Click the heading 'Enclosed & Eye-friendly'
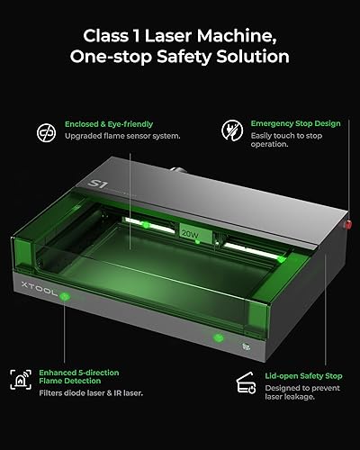click(x=107, y=122)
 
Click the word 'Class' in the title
click(x=106, y=38)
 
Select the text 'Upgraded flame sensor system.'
click(x=121, y=137)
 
